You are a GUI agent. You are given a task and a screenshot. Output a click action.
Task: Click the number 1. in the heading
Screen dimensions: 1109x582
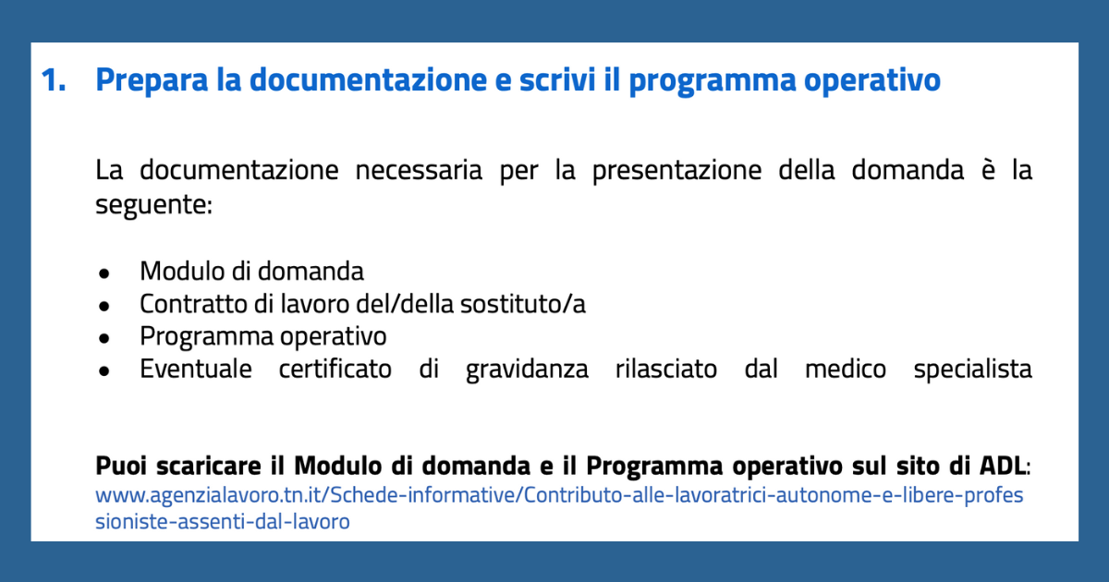click(54, 80)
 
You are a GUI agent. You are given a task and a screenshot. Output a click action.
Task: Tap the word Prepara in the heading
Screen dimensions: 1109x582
click(152, 81)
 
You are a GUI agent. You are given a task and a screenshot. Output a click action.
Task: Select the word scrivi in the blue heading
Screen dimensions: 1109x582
click(557, 79)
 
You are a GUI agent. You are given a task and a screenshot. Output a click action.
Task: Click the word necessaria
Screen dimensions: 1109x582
click(419, 170)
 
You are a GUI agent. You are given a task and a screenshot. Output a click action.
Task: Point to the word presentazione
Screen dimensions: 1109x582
click(676, 171)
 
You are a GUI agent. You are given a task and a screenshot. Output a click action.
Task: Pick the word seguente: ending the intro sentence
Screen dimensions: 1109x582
click(154, 205)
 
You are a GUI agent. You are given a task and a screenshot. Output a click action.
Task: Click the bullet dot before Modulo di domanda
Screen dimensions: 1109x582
click(104, 273)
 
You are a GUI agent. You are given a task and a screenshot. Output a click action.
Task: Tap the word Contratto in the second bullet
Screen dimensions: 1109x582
click(193, 304)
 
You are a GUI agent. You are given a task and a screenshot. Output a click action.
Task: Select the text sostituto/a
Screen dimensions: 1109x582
click(523, 304)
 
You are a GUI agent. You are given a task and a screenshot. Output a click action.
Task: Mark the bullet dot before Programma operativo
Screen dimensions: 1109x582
click(104, 338)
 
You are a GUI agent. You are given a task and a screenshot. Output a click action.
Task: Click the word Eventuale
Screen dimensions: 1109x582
click(196, 369)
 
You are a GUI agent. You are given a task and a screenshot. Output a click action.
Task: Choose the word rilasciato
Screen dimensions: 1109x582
click(666, 369)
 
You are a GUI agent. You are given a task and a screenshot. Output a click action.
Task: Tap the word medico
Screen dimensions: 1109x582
click(845, 369)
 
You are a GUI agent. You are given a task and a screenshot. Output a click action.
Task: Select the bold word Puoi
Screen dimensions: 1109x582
click(121, 466)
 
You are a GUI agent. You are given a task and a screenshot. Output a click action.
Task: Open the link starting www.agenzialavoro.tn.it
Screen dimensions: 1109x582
click(559, 495)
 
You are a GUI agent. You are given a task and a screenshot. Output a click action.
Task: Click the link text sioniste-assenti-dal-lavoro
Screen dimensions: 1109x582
click(223, 522)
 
